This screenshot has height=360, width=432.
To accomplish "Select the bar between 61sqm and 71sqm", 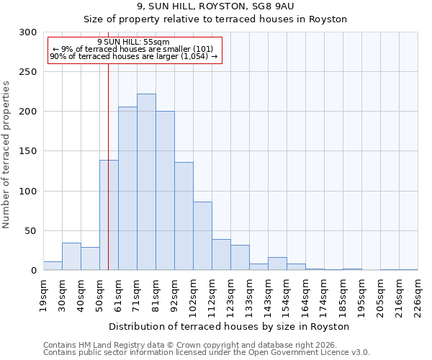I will point(127,189).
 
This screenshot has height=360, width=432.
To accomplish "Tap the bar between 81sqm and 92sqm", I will point(165,191).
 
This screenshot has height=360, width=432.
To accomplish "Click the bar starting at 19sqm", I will point(53,266).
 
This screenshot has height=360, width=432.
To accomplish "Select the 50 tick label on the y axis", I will point(30,231).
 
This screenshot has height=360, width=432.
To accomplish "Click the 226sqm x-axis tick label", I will point(418,295).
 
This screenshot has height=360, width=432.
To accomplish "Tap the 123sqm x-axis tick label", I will point(230,295).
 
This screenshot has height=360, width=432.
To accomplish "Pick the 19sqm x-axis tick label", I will point(43,295).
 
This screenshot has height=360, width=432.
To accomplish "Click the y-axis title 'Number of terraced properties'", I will point(6,155).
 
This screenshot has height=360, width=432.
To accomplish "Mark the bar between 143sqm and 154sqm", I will point(277,264).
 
